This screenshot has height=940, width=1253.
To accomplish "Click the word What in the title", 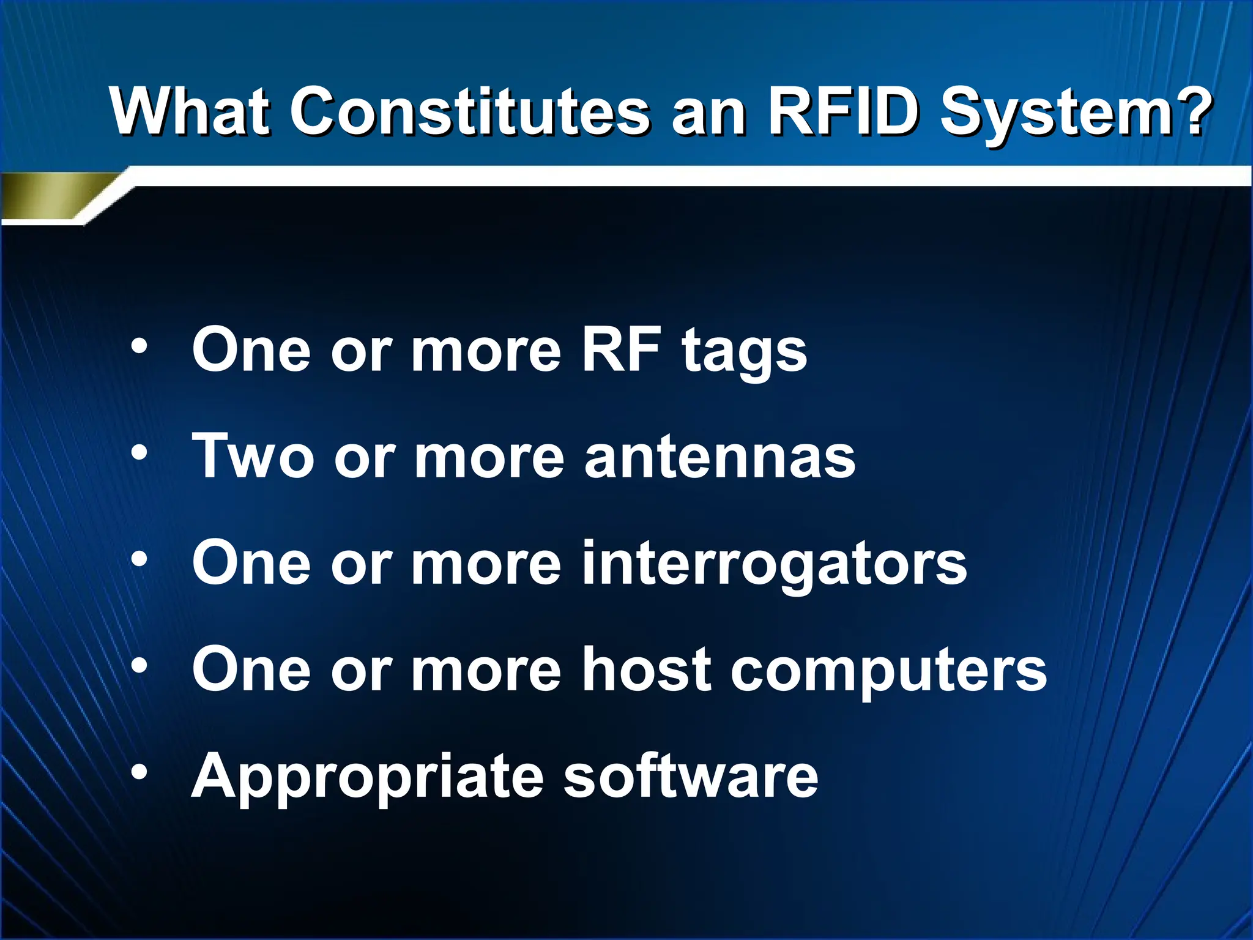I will tap(190, 112).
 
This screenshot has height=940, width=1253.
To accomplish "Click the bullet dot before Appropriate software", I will tap(139, 772).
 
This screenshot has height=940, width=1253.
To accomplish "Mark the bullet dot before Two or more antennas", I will tap(139, 453).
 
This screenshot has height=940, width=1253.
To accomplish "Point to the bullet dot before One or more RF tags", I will tap(139, 346).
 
